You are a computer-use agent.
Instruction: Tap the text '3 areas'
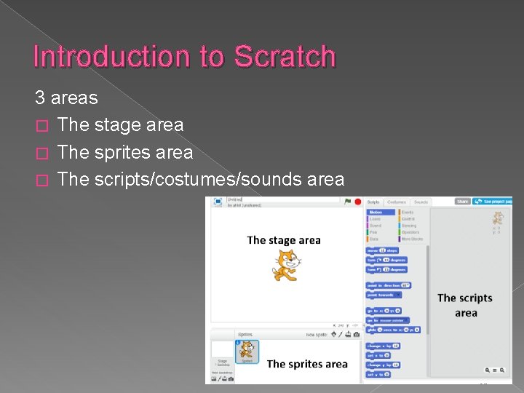tap(66, 98)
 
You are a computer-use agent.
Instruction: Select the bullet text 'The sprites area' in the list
tap(124, 152)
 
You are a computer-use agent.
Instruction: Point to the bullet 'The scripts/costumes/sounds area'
tap(200, 179)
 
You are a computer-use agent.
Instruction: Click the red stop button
tap(358, 202)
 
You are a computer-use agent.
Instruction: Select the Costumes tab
tap(397, 202)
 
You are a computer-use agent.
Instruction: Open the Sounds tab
tap(421, 202)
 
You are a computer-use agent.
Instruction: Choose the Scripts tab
tap(373, 202)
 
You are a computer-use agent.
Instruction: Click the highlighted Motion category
tap(376, 212)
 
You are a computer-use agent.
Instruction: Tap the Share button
tap(463, 202)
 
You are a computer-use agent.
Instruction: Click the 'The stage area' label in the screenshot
tap(284, 240)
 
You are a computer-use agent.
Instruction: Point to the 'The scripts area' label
tap(465, 306)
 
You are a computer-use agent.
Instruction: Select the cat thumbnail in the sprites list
tap(247, 351)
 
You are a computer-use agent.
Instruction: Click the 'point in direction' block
tap(388, 285)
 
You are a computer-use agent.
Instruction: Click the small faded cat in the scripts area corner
tap(498, 218)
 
